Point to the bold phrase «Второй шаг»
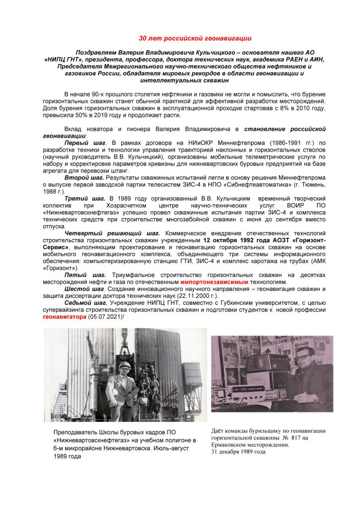pyautogui.click(x=84, y=177)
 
